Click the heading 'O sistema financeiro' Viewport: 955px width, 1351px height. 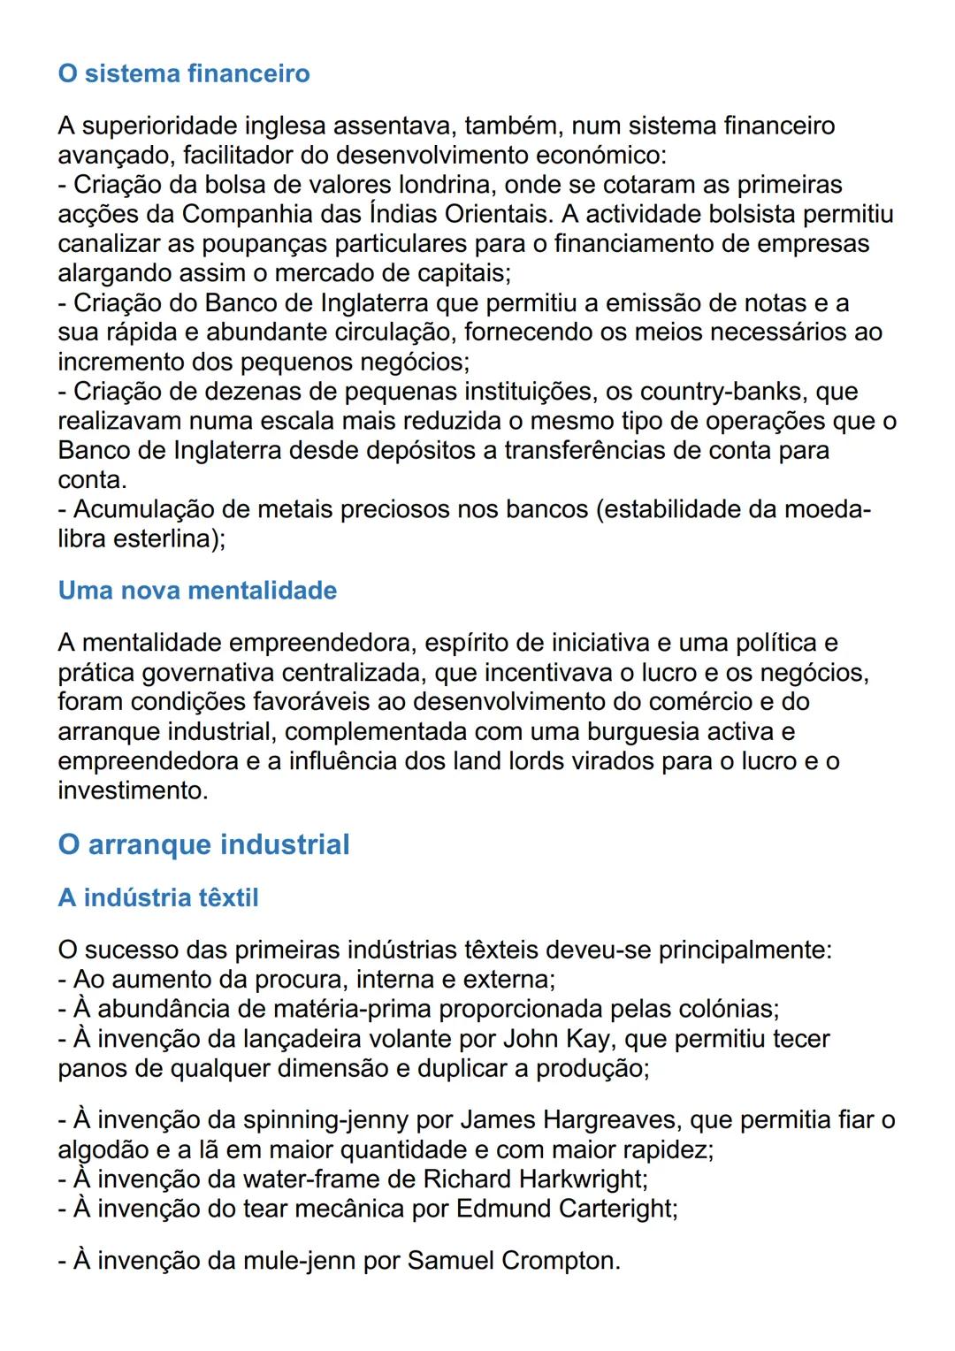pyautogui.click(x=184, y=73)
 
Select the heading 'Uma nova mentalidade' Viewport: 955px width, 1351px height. pyautogui.click(x=197, y=591)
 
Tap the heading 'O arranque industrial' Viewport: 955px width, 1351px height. pyautogui.click(x=203, y=844)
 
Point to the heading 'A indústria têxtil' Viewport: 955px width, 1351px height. pyautogui.click(x=158, y=898)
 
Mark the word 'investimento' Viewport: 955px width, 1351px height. pyautogui.click(x=132, y=790)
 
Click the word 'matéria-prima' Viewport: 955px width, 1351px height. pyautogui.click(x=357, y=1010)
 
